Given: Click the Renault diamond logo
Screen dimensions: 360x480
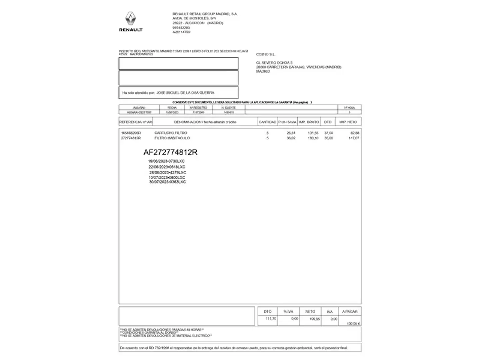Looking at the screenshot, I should coord(131,19).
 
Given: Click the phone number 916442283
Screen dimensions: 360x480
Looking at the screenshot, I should coord(181,28).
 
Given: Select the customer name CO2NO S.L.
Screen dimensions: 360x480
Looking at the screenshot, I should coord(266,54).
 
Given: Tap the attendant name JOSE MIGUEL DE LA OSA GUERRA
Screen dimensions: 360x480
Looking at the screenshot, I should coord(185,93).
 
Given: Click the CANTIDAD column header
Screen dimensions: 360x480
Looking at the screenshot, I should coord(267,122).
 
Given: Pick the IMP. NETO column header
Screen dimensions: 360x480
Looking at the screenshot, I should coord(348,122).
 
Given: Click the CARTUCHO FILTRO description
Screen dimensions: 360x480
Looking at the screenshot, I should coord(171,133).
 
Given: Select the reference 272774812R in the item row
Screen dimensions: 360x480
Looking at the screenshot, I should coord(131,138).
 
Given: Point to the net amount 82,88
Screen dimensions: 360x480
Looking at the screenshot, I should coord(355,133).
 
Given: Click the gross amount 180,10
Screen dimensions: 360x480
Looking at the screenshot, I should coord(313,138).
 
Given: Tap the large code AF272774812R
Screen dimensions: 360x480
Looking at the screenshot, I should coord(170,152).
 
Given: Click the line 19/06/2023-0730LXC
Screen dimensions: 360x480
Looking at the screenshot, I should coord(166,161).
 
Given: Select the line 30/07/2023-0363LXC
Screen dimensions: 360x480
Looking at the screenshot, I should coord(167,182).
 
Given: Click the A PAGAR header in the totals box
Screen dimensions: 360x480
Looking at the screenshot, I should coord(350,312).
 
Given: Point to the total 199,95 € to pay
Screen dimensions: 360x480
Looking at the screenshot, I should coord(353,324).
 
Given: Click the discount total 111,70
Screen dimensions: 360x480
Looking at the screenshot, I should coord(271,319).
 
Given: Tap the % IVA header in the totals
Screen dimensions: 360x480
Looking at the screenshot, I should coord(288,312).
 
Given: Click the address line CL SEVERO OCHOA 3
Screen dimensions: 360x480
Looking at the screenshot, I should coord(274,63).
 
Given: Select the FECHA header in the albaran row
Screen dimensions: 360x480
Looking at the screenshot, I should coord(172,108).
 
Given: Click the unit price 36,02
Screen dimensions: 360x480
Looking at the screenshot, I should coord(291,138).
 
